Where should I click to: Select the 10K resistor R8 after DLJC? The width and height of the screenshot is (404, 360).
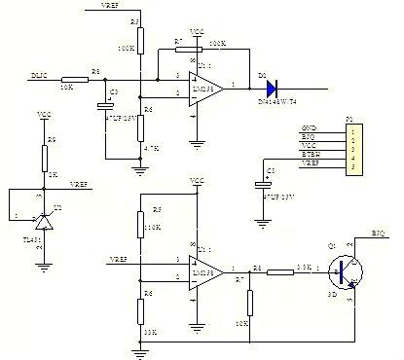(x=74, y=79)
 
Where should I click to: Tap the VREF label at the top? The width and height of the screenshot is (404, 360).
(x=113, y=7)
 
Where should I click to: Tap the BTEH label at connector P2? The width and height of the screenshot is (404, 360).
(x=309, y=154)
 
